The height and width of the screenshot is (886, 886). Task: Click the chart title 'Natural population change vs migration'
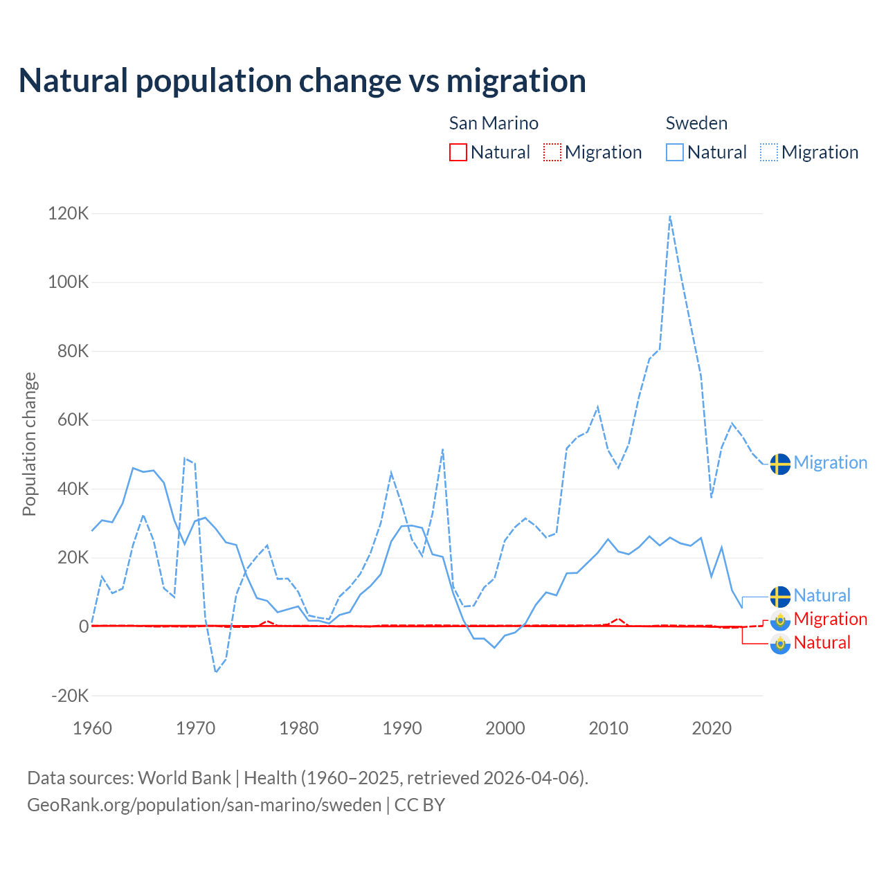[x=302, y=81]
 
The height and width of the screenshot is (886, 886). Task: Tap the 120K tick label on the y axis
[x=69, y=213]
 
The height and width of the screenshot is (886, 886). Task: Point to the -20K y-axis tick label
[x=71, y=696]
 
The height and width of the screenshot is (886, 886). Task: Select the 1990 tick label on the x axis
[x=402, y=728]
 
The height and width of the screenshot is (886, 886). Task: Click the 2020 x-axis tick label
[x=712, y=728]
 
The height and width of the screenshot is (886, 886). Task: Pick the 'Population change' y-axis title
[x=29, y=444]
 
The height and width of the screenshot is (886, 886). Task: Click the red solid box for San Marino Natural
[x=458, y=152]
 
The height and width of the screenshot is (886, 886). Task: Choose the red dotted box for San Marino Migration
[x=552, y=152]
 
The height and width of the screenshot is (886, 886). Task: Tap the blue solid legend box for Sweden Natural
[x=675, y=152]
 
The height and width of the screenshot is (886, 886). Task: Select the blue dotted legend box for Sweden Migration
[x=769, y=152]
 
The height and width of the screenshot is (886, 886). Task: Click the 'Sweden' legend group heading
[x=696, y=123]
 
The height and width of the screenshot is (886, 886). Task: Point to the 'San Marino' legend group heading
[x=494, y=123]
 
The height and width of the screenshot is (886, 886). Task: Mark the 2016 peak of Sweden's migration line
[x=670, y=217]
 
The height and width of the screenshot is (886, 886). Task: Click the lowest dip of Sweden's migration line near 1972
[x=216, y=671]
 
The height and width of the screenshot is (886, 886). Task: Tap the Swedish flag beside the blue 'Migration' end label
[x=780, y=464]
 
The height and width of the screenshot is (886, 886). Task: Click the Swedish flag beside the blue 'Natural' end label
[x=780, y=596]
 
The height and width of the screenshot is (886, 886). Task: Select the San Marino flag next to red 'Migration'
[x=780, y=620]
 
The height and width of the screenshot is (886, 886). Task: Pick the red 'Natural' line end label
[x=822, y=643]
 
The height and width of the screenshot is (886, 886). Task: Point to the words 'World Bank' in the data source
[x=184, y=778]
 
